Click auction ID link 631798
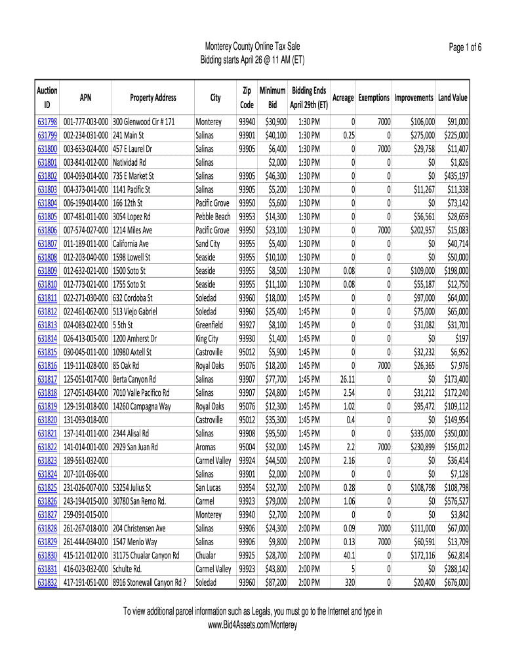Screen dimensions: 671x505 (47, 122)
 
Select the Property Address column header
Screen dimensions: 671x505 (153, 98)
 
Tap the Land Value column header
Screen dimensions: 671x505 (453, 98)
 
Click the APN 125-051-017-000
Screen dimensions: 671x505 (85, 379)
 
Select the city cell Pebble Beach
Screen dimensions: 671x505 (213, 216)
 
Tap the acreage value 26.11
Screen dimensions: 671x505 (346, 379)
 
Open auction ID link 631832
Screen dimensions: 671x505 (47, 582)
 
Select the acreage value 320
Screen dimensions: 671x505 (348, 582)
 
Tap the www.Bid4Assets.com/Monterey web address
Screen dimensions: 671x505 (253, 625)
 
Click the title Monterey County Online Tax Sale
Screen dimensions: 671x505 (253, 47)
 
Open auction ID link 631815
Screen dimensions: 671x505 (47, 352)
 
